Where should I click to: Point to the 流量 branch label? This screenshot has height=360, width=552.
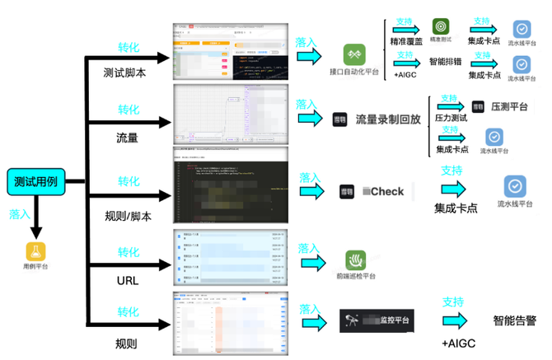[128, 138]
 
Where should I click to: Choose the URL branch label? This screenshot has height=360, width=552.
[129, 282]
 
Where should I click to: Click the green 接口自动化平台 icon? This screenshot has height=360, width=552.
[354, 55]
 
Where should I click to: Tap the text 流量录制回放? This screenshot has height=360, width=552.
[388, 119]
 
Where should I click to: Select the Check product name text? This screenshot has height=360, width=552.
[383, 191]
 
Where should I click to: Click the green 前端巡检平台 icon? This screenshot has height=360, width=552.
[356, 261]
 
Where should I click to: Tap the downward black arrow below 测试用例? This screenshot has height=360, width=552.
[35, 218]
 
